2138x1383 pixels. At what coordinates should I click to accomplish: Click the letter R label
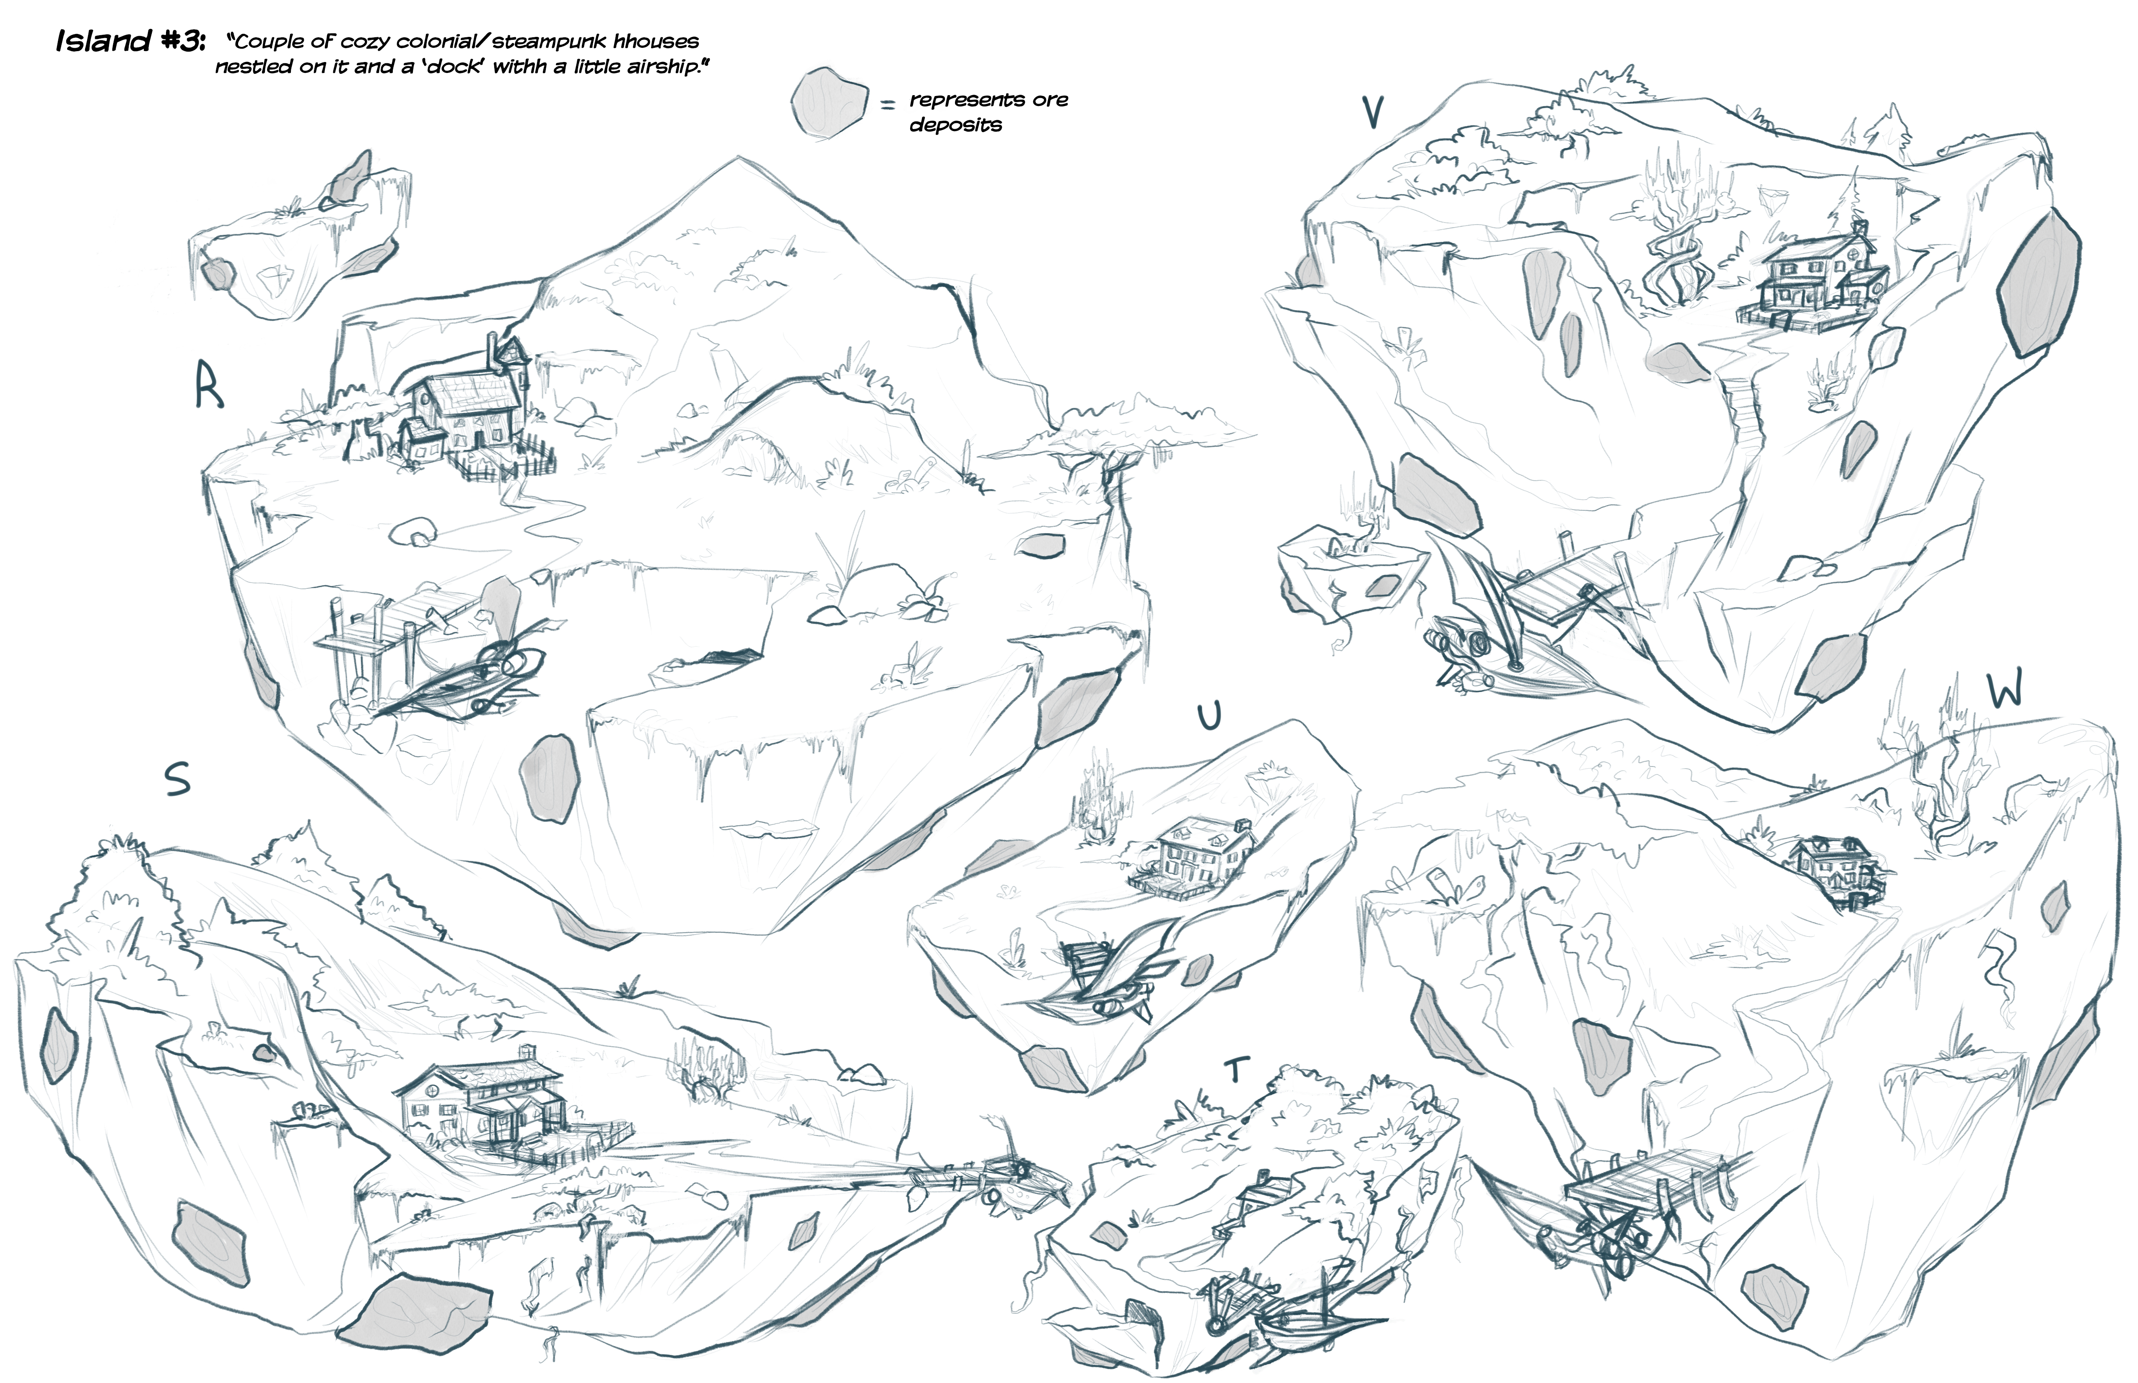point(209,385)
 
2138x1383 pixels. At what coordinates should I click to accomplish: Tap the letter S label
point(178,779)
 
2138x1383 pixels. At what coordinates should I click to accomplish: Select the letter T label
point(1238,1070)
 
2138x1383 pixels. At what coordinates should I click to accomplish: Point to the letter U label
point(1210,716)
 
